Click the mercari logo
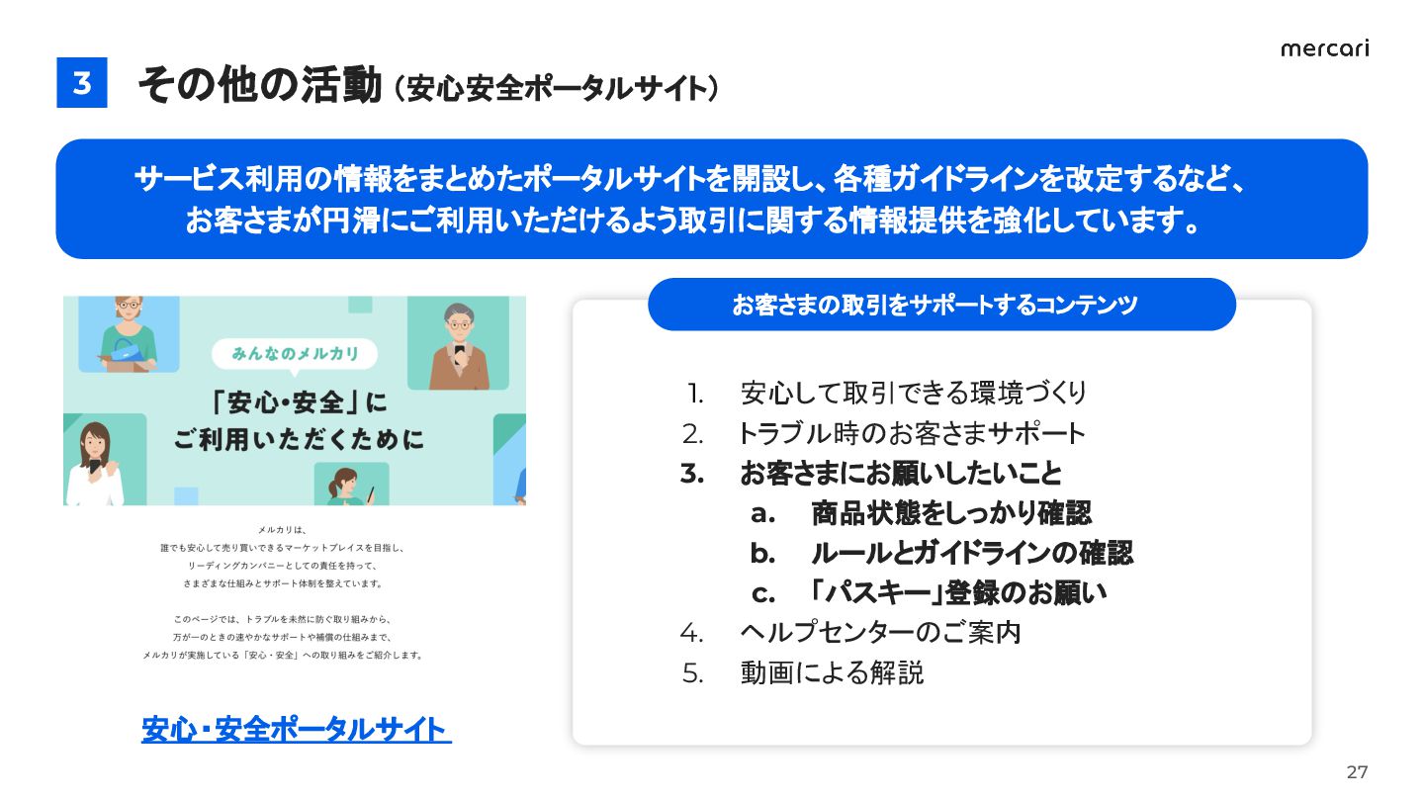coord(1324,49)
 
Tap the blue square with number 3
coord(82,83)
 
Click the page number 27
coord(1357,771)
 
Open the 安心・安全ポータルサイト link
coord(297,729)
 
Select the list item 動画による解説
coord(832,672)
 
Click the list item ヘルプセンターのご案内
coord(880,633)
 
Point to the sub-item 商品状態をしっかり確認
coord(951,513)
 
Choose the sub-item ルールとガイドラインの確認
coord(972,553)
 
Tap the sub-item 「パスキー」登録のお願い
coord(958,592)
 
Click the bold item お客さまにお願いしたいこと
coord(901,474)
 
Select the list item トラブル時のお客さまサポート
coord(911,433)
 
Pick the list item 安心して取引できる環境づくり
coord(914,394)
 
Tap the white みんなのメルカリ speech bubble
coord(295,354)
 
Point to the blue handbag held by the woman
coord(128,348)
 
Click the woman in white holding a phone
coord(95,464)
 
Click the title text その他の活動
coord(259,85)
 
